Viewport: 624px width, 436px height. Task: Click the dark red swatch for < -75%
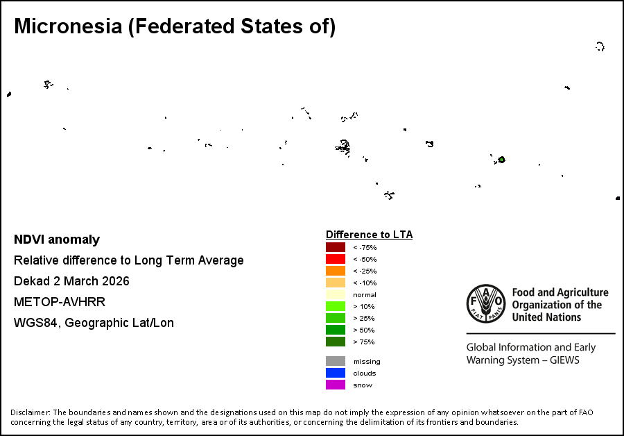[336, 247]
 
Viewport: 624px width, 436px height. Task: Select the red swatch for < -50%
[336, 259]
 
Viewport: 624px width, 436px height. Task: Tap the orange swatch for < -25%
[336, 271]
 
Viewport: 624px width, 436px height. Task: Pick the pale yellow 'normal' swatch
[336, 294]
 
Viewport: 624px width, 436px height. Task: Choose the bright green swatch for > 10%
[336, 306]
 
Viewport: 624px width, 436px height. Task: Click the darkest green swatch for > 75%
[336, 342]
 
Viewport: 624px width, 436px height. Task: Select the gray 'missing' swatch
[336, 361]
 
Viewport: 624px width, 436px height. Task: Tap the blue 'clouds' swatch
[336, 373]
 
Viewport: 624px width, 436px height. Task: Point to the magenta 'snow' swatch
[336, 385]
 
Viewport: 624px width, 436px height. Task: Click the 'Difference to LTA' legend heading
[369, 235]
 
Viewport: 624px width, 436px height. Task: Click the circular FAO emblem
[485, 305]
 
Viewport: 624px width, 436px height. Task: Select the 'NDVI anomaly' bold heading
[57, 240]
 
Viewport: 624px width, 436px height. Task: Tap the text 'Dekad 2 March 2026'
[71, 281]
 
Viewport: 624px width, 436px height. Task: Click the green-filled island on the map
[501, 160]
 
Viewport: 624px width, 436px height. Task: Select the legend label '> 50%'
[364, 330]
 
